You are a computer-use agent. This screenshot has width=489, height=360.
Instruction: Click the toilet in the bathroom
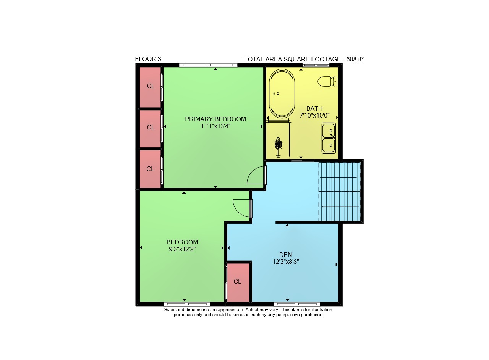tap(327, 81)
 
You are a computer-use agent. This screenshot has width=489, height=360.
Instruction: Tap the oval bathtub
tap(282, 94)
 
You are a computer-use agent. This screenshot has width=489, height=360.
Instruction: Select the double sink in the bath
tap(329, 138)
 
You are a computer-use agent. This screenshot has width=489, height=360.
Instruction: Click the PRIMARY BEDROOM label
tap(215, 119)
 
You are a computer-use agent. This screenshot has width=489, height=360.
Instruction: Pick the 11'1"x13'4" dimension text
tap(216, 126)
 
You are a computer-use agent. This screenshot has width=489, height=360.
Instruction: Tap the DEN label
tap(285, 255)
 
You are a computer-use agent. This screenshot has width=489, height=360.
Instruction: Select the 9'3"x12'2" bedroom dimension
tap(182, 249)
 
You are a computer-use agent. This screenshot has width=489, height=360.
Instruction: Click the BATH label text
tap(314, 108)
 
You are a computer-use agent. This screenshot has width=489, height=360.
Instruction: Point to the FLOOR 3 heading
tap(148, 59)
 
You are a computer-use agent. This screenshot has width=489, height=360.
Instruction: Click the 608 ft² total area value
tap(355, 59)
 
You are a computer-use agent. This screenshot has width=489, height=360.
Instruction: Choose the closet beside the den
tap(238, 283)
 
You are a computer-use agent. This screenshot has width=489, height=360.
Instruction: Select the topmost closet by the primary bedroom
tap(150, 87)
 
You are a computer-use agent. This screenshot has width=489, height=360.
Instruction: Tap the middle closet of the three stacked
tap(150, 129)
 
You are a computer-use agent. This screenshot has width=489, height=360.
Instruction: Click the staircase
tap(340, 192)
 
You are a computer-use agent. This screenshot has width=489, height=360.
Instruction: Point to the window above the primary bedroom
tap(208, 65)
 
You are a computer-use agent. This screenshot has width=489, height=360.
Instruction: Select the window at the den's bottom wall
tap(297, 304)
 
